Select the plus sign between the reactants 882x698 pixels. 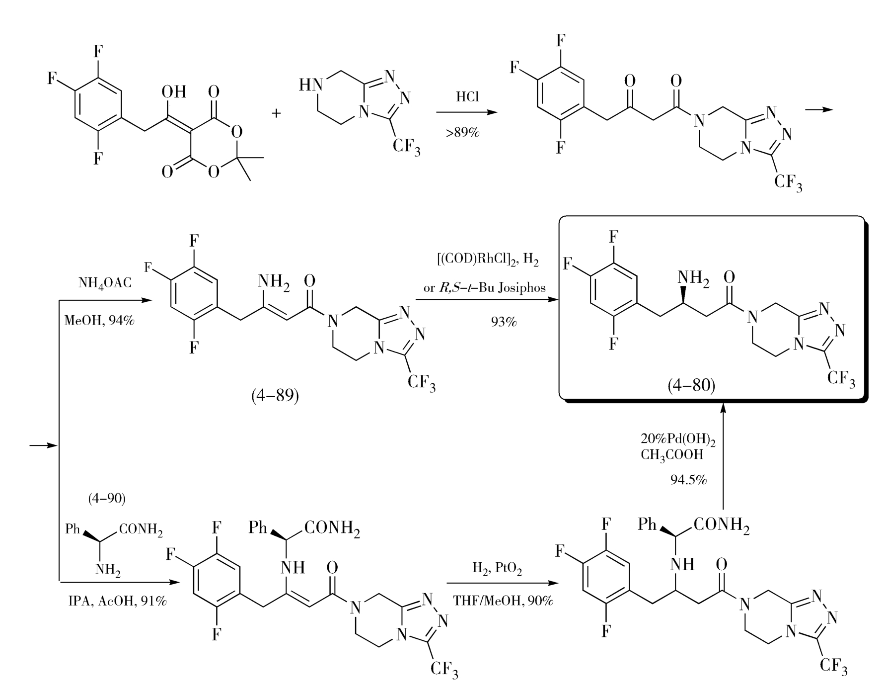276,113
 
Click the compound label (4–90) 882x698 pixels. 107,498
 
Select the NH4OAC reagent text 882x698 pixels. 105,283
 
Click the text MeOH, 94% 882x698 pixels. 99,320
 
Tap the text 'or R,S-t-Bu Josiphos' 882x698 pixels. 484,287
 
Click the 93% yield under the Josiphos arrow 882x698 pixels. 503,322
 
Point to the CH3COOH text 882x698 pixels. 672,455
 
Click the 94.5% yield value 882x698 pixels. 688,480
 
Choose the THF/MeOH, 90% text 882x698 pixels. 503,601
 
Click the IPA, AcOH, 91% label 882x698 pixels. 117,601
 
